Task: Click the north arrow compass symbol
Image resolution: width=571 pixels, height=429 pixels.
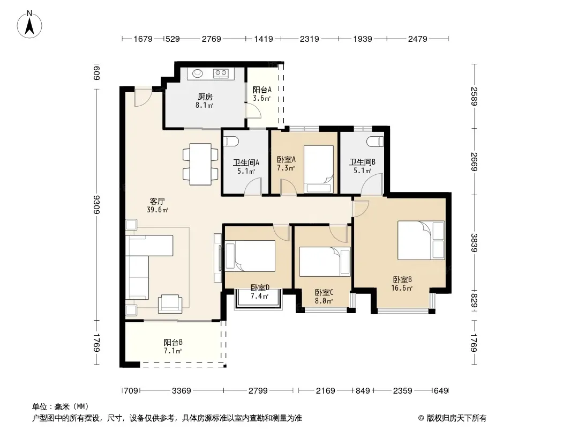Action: pos(29,24)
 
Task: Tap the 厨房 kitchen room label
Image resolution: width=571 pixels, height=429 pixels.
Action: pos(205,97)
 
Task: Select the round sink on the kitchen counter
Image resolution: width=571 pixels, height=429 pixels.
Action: pos(198,73)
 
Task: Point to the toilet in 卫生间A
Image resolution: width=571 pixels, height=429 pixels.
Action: pos(230,140)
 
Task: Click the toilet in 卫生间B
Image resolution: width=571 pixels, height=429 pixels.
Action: pos(375,141)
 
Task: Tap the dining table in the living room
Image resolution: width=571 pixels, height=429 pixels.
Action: pos(200,164)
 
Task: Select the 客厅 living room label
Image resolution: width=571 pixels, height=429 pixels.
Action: pos(157,201)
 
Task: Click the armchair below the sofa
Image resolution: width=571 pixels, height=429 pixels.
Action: pos(170,304)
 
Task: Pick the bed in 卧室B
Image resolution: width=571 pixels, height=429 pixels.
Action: pos(421,240)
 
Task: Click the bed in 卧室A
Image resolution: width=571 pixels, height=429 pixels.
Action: pos(319,169)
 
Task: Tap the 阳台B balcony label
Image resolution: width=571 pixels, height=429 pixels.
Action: pos(173,342)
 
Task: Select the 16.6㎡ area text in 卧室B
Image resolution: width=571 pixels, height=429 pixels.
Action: pos(402,289)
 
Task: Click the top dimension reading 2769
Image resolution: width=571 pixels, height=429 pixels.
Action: pos(212,39)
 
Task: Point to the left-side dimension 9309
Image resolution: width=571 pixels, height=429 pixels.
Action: pos(97,204)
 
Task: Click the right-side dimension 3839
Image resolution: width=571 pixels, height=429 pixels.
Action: pos(474,243)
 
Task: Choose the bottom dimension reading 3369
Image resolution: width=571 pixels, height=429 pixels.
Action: pos(182,391)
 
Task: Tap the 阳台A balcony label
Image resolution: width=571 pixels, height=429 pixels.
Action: pos(262,90)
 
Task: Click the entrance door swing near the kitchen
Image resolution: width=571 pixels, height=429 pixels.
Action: pos(142,97)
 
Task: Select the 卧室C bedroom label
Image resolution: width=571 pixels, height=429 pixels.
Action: pos(324,292)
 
